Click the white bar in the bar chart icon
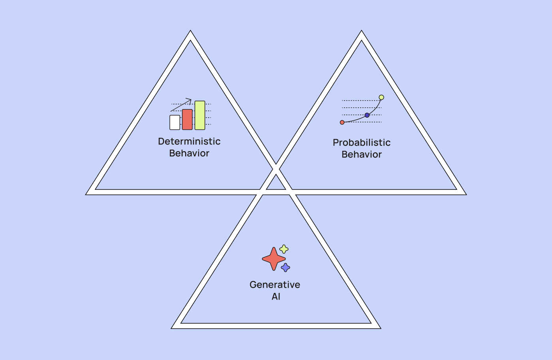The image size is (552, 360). click(x=175, y=122)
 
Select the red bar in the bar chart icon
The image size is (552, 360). click(x=187, y=120)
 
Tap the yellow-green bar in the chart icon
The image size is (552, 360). click(x=200, y=115)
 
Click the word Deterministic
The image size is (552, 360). click(x=189, y=141)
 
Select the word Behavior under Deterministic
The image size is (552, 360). click(x=189, y=153)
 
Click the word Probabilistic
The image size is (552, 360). click(x=362, y=142)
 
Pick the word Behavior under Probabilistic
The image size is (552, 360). click(x=362, y=154)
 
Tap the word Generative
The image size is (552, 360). click(x=275, y=285)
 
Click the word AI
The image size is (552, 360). click(x=276, y=297)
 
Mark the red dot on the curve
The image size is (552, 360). click(x=342, y=122)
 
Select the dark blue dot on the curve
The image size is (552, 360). click(x=367, y=115)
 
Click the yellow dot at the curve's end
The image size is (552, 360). click(x=381, y=97)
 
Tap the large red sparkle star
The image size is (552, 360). click(x=274, y=259)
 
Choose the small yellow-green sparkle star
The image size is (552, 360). click(x=284, y=249)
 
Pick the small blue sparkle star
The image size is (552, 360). click(x=285, y=267)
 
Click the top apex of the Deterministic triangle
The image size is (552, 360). click(x=190, y=30)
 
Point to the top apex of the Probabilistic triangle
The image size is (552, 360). click(x=362, y=30)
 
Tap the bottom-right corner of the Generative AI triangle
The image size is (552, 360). click(x=381, y=328)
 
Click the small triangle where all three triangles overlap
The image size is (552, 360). click(x=276, y=184)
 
